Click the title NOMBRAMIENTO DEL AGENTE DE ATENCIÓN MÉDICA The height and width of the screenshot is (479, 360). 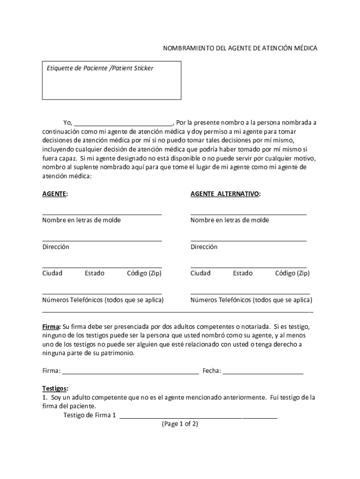coord(240,48)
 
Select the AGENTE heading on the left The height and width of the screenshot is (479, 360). coord(55,194)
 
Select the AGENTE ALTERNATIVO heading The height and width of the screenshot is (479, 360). coord(225,194)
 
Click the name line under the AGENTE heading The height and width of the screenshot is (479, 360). coord(102,213)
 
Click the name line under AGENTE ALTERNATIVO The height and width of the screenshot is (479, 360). coord(248,213)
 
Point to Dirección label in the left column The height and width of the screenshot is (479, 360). coord(56,247)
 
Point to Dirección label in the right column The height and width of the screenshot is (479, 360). coord(204,247)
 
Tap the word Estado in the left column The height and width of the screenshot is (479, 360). coord(94,273)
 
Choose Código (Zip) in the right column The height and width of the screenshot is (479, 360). coord(292,273)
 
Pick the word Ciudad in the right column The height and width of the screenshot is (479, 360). coord(201,273)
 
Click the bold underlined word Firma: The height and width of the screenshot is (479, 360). coord(51,326)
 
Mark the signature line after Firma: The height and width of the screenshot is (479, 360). coord(130,374)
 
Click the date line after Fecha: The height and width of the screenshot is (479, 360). coord(263,374)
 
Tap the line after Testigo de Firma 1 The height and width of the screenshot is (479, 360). coord(198,417)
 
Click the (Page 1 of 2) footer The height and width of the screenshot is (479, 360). coord(180,424)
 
